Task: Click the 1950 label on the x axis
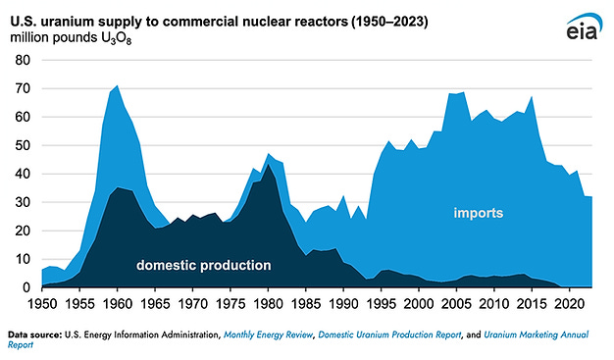[x=41, y=303]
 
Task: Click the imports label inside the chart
[x=478, y=213]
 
